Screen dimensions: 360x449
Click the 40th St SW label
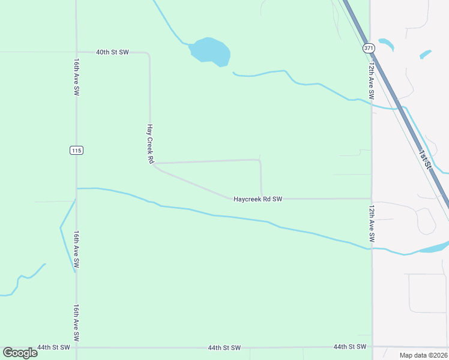pyautogui.click(x=112, y=52)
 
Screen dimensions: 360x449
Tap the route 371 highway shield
pyautogui.click(x=368, y=47)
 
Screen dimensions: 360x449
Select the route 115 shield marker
pyautogui.click(x=76, y=150)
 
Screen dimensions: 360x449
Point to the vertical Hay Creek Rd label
pyautogui.click(x=151, y=144)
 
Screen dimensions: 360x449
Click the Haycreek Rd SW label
pyautogui.click(x=258, y=199)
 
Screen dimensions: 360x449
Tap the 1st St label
pyautogui.click(x=425, y=160)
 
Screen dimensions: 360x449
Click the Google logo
pyautogui.click(x=20, y=353)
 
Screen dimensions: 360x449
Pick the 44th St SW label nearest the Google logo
pyautogui.click(x=53, y=347)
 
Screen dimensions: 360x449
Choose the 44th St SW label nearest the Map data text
pyautogui.click(x=349, y=347)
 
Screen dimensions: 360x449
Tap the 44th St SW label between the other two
pyautogui.click(x=224, y=347)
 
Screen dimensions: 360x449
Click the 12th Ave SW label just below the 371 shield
pyautogui.click(x=372, y=81)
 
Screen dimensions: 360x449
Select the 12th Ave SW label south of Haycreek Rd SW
pyautogui.click(x=372, y=224)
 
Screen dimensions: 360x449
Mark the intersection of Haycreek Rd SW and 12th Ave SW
pyautogui.click(x=372, y=199)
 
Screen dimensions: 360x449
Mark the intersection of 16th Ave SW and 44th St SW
pyautogui.click(x=76, y=347)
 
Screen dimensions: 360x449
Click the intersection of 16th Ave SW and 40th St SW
pyautogui.click(x=76, y=52)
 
